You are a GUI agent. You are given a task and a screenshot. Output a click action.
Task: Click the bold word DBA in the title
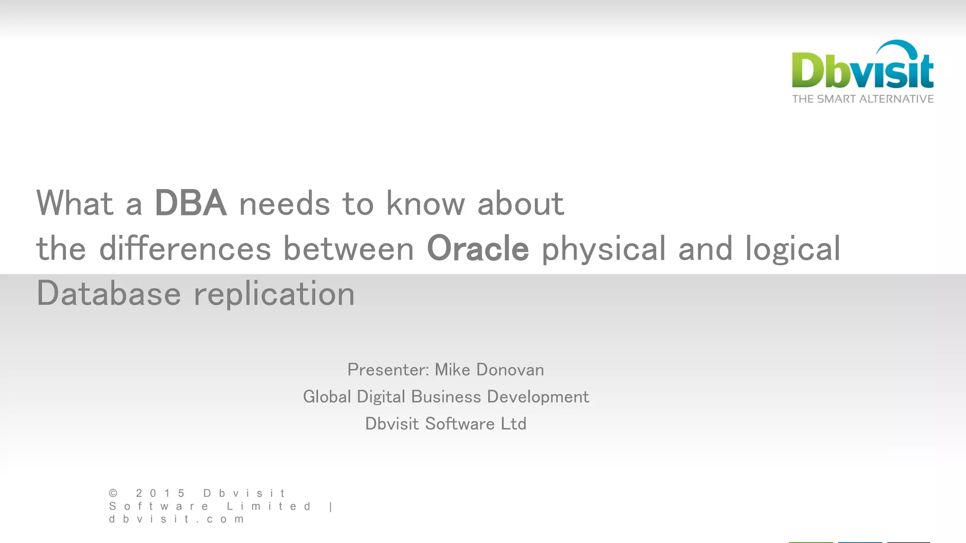pyautogui.click(x=191, y=203)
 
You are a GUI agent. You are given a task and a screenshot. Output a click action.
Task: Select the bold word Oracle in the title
pyautogui.click(x=477, y=248)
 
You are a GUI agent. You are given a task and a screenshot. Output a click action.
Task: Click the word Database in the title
pyautogui.click(x=108, y=293)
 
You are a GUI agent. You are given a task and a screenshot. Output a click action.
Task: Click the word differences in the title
pyautogui.click(x=185, y=248)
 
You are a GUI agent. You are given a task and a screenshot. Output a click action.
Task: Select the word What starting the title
pyautogui.click(x=75, y=203)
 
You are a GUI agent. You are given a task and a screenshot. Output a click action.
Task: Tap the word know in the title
pyautogui.click(x=425, y=203)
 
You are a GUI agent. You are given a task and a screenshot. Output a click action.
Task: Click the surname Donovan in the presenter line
pyautogui.click(x=510, y=370)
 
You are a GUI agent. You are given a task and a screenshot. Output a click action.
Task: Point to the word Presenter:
pyautogui.click(x=388, y=370)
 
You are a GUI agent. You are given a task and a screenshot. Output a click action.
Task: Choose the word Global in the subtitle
pyautogui.click(x=327, y=397)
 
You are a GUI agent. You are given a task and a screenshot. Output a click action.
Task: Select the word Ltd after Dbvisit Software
pyautogui.click(x=513, y=424)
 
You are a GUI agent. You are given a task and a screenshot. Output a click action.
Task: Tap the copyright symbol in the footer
pyautogui.click(x=113, y=494)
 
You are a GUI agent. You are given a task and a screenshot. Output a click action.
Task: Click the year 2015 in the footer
pyautogui.click(x=160, y=494)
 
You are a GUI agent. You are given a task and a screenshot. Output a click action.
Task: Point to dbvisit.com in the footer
pyautogui.click(x=176, y=519)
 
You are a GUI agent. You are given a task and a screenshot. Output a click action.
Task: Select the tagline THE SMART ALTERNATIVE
pyautogui.click(x=863, y=99)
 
